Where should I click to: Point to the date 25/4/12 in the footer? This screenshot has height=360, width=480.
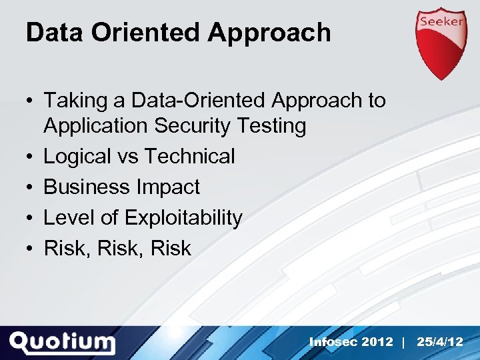pos(439,342)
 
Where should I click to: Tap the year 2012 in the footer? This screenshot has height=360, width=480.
pos(378,342)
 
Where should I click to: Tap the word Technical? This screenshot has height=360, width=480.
pos(189,157)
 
